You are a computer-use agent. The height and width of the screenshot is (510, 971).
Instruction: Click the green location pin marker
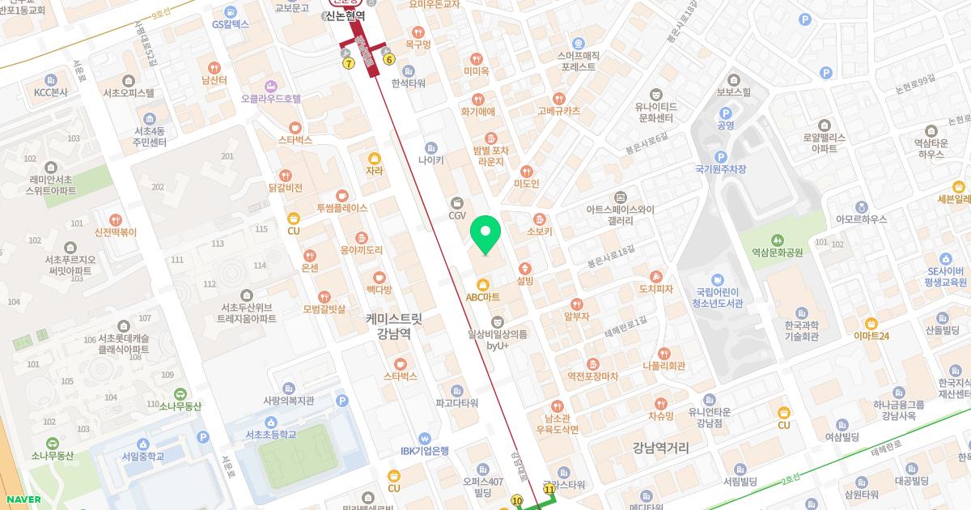pos(485,234)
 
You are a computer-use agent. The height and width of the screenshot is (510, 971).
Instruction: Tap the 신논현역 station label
pos(357,15)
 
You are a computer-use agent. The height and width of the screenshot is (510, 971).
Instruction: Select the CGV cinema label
pos(458,215)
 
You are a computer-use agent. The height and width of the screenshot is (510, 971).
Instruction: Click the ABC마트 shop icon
pos(484,284)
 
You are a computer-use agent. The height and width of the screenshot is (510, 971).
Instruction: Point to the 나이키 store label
pos(431,160)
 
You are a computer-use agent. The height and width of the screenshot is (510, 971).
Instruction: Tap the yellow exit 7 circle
pos(349,63)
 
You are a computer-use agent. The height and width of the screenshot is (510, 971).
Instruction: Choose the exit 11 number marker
pos(550,490)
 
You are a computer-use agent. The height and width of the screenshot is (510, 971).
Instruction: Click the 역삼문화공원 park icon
pos(777,240)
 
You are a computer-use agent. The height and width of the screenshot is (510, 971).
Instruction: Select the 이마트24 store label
pos(871,336)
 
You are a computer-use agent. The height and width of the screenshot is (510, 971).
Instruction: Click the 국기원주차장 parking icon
pos(720,156)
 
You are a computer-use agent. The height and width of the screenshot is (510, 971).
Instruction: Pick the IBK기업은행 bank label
pos(424,451)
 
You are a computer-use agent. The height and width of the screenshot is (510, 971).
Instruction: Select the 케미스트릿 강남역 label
pos(394,325)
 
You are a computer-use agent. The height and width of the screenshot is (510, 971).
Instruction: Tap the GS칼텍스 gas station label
pos(231,24)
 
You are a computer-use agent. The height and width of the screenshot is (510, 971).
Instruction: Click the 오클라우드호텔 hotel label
pos(270,99)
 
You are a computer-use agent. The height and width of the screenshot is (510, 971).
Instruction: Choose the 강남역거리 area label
pos(661,448)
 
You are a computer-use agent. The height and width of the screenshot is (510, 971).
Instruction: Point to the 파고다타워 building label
pos(456,402)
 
